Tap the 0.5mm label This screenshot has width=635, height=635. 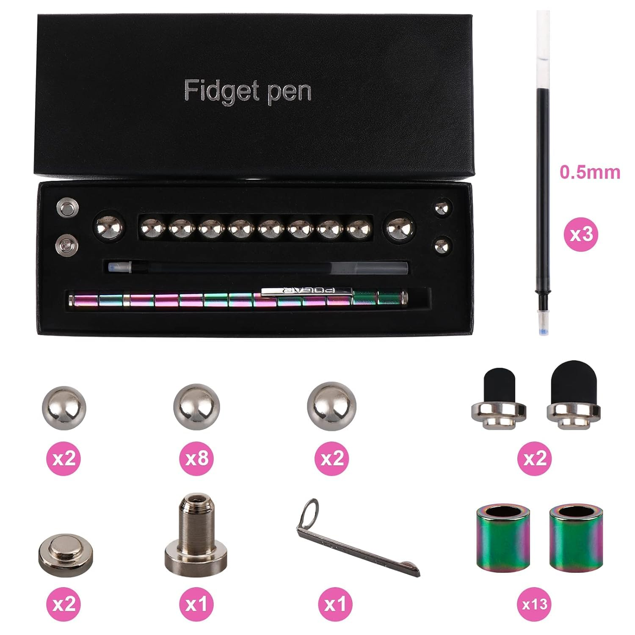coord(590,172)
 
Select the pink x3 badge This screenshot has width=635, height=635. coord(581,234)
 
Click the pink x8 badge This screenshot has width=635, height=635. coord(197,458)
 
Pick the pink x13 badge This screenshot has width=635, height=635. coord(535,604)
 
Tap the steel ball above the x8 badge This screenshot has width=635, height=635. coord(197,407)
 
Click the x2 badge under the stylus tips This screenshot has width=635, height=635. coord(535,458)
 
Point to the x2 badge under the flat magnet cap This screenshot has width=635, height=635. coord(64,604)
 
